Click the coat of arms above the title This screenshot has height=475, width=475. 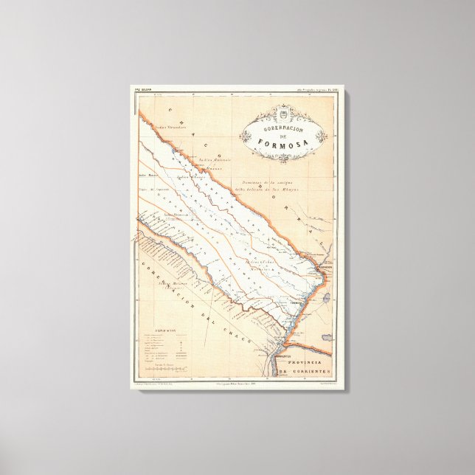click(284, 111)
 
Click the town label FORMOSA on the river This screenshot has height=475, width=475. click(294, 302)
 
